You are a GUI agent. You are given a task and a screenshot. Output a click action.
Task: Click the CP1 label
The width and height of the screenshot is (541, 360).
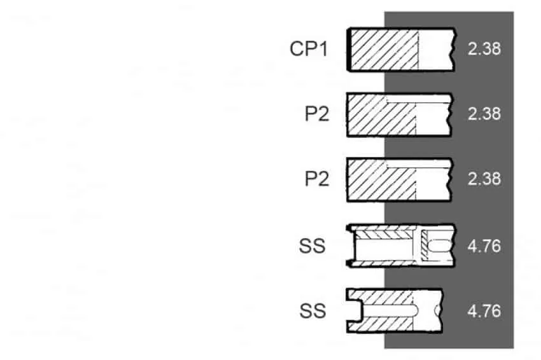point(309,48)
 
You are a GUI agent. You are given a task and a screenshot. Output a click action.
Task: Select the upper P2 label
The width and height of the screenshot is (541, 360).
point(317,113)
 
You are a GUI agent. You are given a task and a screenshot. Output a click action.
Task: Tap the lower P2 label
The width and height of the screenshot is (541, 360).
point(317,179)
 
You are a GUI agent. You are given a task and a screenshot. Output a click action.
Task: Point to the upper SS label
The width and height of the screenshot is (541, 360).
point(313,246)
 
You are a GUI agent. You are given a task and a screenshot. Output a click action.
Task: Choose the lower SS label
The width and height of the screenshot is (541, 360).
point(313,310)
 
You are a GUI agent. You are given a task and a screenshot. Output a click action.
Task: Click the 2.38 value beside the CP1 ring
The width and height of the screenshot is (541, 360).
point(484,48)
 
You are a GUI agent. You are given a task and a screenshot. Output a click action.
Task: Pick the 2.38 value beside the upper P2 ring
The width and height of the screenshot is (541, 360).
point(484,113)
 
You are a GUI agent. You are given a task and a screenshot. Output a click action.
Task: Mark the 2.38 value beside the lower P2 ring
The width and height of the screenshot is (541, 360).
point(484,179)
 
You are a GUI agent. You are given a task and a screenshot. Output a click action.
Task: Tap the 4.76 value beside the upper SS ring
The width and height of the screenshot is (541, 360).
point(484,246)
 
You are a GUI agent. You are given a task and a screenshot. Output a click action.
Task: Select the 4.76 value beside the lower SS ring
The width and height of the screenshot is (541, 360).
point(484,311)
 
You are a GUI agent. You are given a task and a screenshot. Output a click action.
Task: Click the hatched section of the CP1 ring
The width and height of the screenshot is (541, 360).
point(384,50)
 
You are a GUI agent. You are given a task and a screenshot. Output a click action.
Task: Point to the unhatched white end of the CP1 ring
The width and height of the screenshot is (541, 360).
point(436,50)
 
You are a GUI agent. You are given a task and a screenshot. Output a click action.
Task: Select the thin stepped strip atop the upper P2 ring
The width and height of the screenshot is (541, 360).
point(418,99)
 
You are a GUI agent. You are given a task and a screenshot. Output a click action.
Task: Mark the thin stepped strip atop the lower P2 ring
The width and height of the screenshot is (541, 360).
point(418,164)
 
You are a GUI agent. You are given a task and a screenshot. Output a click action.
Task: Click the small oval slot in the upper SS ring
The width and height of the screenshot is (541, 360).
point(440,246)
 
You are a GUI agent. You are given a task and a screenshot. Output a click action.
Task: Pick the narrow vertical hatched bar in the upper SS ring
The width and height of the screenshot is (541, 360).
point(425,245)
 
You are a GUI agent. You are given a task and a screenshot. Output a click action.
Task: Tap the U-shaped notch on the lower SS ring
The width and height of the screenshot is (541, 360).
point(355,310)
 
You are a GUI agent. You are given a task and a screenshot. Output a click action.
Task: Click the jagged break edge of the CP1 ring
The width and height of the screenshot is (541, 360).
point(454,50)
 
